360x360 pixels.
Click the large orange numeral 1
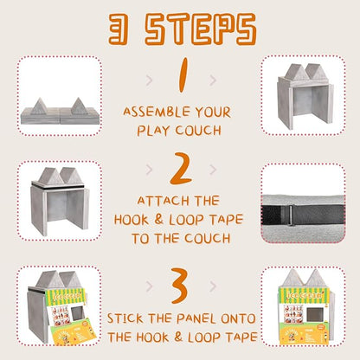183,75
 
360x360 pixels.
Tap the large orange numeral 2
181,169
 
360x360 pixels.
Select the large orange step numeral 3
181,286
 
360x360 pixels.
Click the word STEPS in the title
201,29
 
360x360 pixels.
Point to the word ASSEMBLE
157,112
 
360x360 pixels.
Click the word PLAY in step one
153,131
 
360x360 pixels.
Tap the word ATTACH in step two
163,201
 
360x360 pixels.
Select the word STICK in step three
125,318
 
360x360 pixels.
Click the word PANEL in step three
196,318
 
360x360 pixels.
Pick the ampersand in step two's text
158,219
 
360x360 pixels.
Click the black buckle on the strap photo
291,215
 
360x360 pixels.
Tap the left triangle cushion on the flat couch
40,106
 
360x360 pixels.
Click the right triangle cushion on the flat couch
79,106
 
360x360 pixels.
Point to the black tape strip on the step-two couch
58,186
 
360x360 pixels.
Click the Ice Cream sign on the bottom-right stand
304,295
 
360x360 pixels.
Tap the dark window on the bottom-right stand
314,314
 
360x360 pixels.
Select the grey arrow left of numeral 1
149,80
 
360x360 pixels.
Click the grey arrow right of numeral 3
213,286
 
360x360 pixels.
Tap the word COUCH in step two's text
208,238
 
